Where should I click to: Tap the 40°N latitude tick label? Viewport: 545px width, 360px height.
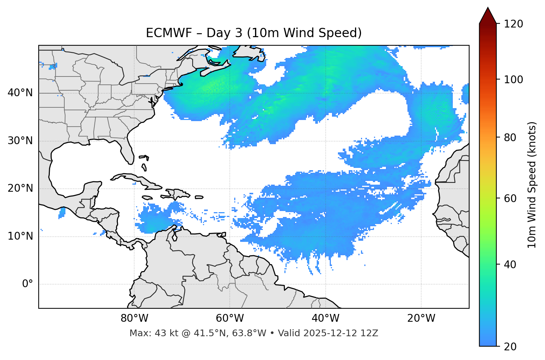point(20,93)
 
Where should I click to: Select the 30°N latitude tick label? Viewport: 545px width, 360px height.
point(20,141)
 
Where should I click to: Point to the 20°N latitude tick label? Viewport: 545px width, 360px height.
point(20,188)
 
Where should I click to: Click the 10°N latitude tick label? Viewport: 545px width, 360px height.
point(20,236)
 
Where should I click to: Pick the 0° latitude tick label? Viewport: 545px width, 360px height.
point(27,284)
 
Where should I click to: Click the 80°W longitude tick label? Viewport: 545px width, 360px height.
point(134,318)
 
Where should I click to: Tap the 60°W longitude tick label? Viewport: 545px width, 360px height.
point(230,318)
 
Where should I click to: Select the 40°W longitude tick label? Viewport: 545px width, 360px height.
point(325,318)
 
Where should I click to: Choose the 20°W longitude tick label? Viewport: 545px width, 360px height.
point(421,318)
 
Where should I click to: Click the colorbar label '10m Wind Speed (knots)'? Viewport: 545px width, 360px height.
point(532,185)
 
